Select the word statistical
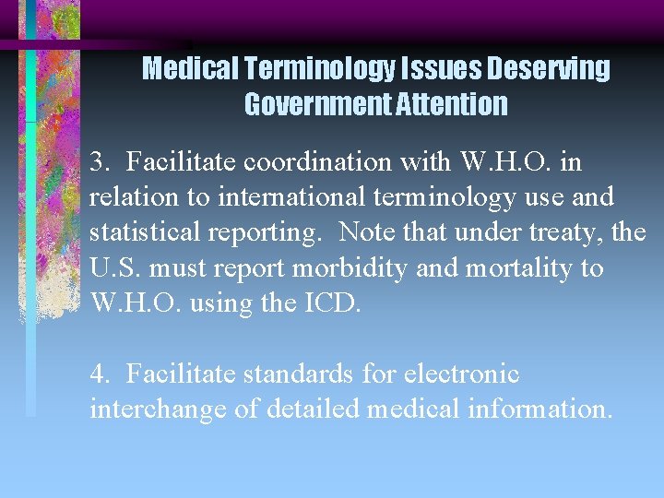[x=147, y=233]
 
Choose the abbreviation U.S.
[x=115, y=268]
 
